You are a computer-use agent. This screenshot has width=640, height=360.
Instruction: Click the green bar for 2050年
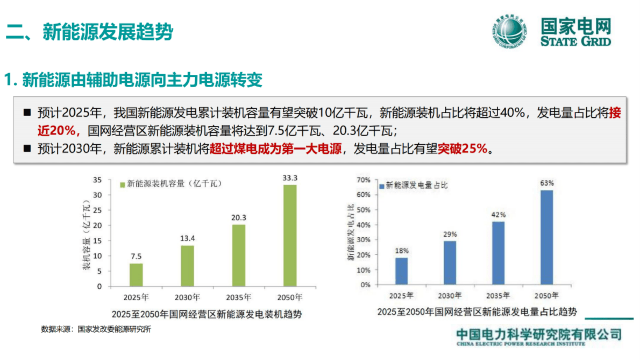point(290,235)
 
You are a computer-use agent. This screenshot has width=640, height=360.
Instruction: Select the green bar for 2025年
point(136,274)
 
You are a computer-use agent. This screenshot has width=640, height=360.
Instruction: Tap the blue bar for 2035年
point(499,253)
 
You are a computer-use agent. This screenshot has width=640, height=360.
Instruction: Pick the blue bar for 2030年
point(450,263)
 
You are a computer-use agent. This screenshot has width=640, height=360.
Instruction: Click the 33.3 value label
point(290,178)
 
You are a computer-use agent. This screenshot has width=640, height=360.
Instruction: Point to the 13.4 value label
point(187,238)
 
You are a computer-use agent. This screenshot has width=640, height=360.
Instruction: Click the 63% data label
point(547,183)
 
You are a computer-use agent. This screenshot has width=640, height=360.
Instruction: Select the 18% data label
point(402,251)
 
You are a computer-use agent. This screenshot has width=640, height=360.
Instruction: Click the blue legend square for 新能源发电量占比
point(382,186)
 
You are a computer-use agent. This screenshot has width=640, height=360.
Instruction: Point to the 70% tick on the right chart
point(364,179)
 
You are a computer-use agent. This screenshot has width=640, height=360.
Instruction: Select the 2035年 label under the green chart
point(239,297)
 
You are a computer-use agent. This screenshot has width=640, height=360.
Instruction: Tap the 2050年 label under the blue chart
point(547,295)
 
